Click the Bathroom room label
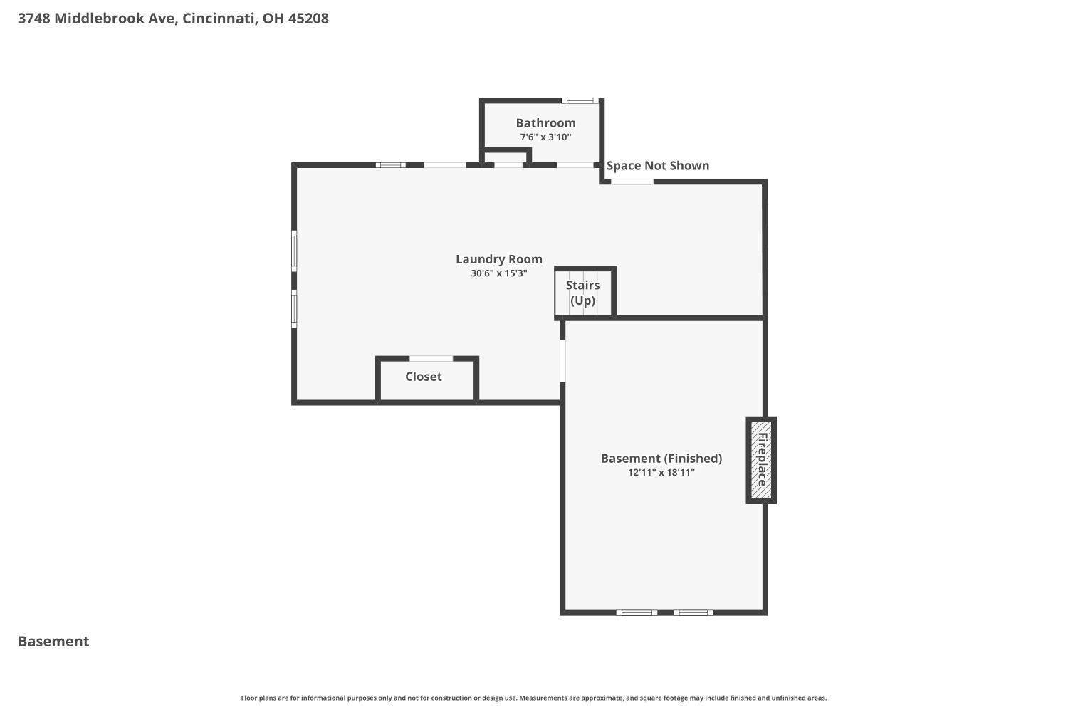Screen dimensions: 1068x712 point(545,123)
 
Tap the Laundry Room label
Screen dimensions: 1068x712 point(498,259)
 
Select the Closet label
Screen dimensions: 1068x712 point(424,376)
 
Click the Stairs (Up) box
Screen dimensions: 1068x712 point(585,291)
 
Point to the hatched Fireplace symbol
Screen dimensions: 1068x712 point(761,460)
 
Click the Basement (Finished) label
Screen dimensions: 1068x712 point(661,459)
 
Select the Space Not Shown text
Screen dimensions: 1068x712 point(657,165)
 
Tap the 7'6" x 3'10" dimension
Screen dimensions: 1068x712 point(545,137)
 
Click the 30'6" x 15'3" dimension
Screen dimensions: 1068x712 point(498,273)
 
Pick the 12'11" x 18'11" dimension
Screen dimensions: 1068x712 point(661,473)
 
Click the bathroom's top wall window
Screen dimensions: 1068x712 point(580,100)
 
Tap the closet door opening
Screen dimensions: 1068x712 point(431,359)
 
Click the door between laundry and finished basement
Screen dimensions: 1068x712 point(562,360)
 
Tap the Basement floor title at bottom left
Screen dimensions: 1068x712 point(53,641)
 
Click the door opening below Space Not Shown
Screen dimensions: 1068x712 point(632,182)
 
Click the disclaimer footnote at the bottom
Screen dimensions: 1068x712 point(533,698)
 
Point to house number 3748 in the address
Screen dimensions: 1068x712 point(34,18)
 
